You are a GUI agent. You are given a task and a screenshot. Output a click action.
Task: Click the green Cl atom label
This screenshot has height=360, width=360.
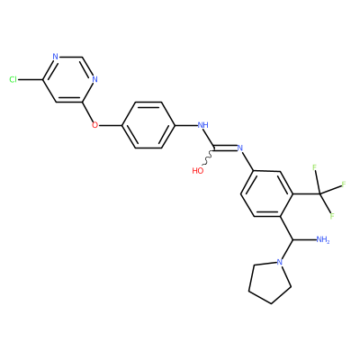point(13,79)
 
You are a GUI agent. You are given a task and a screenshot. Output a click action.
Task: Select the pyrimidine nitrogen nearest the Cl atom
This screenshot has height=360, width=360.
point(55,57)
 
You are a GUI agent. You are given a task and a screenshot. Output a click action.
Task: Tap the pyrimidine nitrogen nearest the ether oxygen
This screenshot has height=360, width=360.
point(94,79)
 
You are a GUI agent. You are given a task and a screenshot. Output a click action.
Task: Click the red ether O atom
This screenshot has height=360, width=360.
point(94,125)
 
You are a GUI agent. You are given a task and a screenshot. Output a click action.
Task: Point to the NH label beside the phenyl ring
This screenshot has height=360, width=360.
point(203,125)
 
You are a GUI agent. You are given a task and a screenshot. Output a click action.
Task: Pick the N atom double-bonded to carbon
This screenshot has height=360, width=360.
point(239,148)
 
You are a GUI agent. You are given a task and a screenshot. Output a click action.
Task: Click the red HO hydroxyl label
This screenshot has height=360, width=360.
point(198,171)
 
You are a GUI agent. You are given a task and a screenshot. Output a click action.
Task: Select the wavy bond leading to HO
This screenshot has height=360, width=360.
point(209,157)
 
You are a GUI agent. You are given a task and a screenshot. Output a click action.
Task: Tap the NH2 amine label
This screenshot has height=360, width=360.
point(323,239)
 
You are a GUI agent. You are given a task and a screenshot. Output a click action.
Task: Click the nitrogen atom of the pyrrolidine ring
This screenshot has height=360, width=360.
point(280,262)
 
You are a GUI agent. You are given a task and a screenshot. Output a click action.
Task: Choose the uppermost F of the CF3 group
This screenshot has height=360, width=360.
point(315,167)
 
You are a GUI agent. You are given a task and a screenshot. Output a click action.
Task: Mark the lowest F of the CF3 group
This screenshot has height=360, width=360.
point(331,216)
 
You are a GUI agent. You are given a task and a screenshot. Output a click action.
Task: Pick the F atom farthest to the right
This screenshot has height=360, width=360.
point(344,184)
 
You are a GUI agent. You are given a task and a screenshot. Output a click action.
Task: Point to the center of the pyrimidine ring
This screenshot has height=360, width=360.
point(68,79)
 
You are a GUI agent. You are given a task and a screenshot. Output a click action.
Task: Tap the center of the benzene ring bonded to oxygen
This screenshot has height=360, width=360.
point(148,125)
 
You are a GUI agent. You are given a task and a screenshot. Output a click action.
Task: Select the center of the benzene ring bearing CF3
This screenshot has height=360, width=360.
point(266,193)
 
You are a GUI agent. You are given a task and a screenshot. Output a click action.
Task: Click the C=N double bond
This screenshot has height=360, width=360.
point(225,148)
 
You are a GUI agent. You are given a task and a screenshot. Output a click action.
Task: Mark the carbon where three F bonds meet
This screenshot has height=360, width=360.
point(319,193)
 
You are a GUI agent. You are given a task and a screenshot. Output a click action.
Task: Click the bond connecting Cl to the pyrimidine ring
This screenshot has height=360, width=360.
point(30,79)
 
